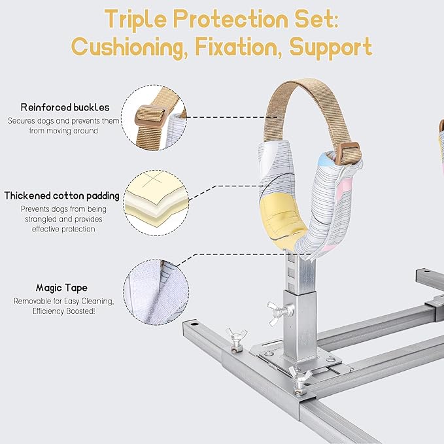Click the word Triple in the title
tap(135, 20)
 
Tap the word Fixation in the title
tap(239, 46)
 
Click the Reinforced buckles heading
tap(65, 107)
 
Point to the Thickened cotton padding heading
tap(61, 196)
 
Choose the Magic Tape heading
tap(61, 288)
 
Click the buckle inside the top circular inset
tap(150, 114)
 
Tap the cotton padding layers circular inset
tap(156, 203)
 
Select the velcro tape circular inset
tap(156, 292)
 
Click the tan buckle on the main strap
tap(350, 153)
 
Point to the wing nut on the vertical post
tap(279, 312)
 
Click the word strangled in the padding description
tap(44, 219)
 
